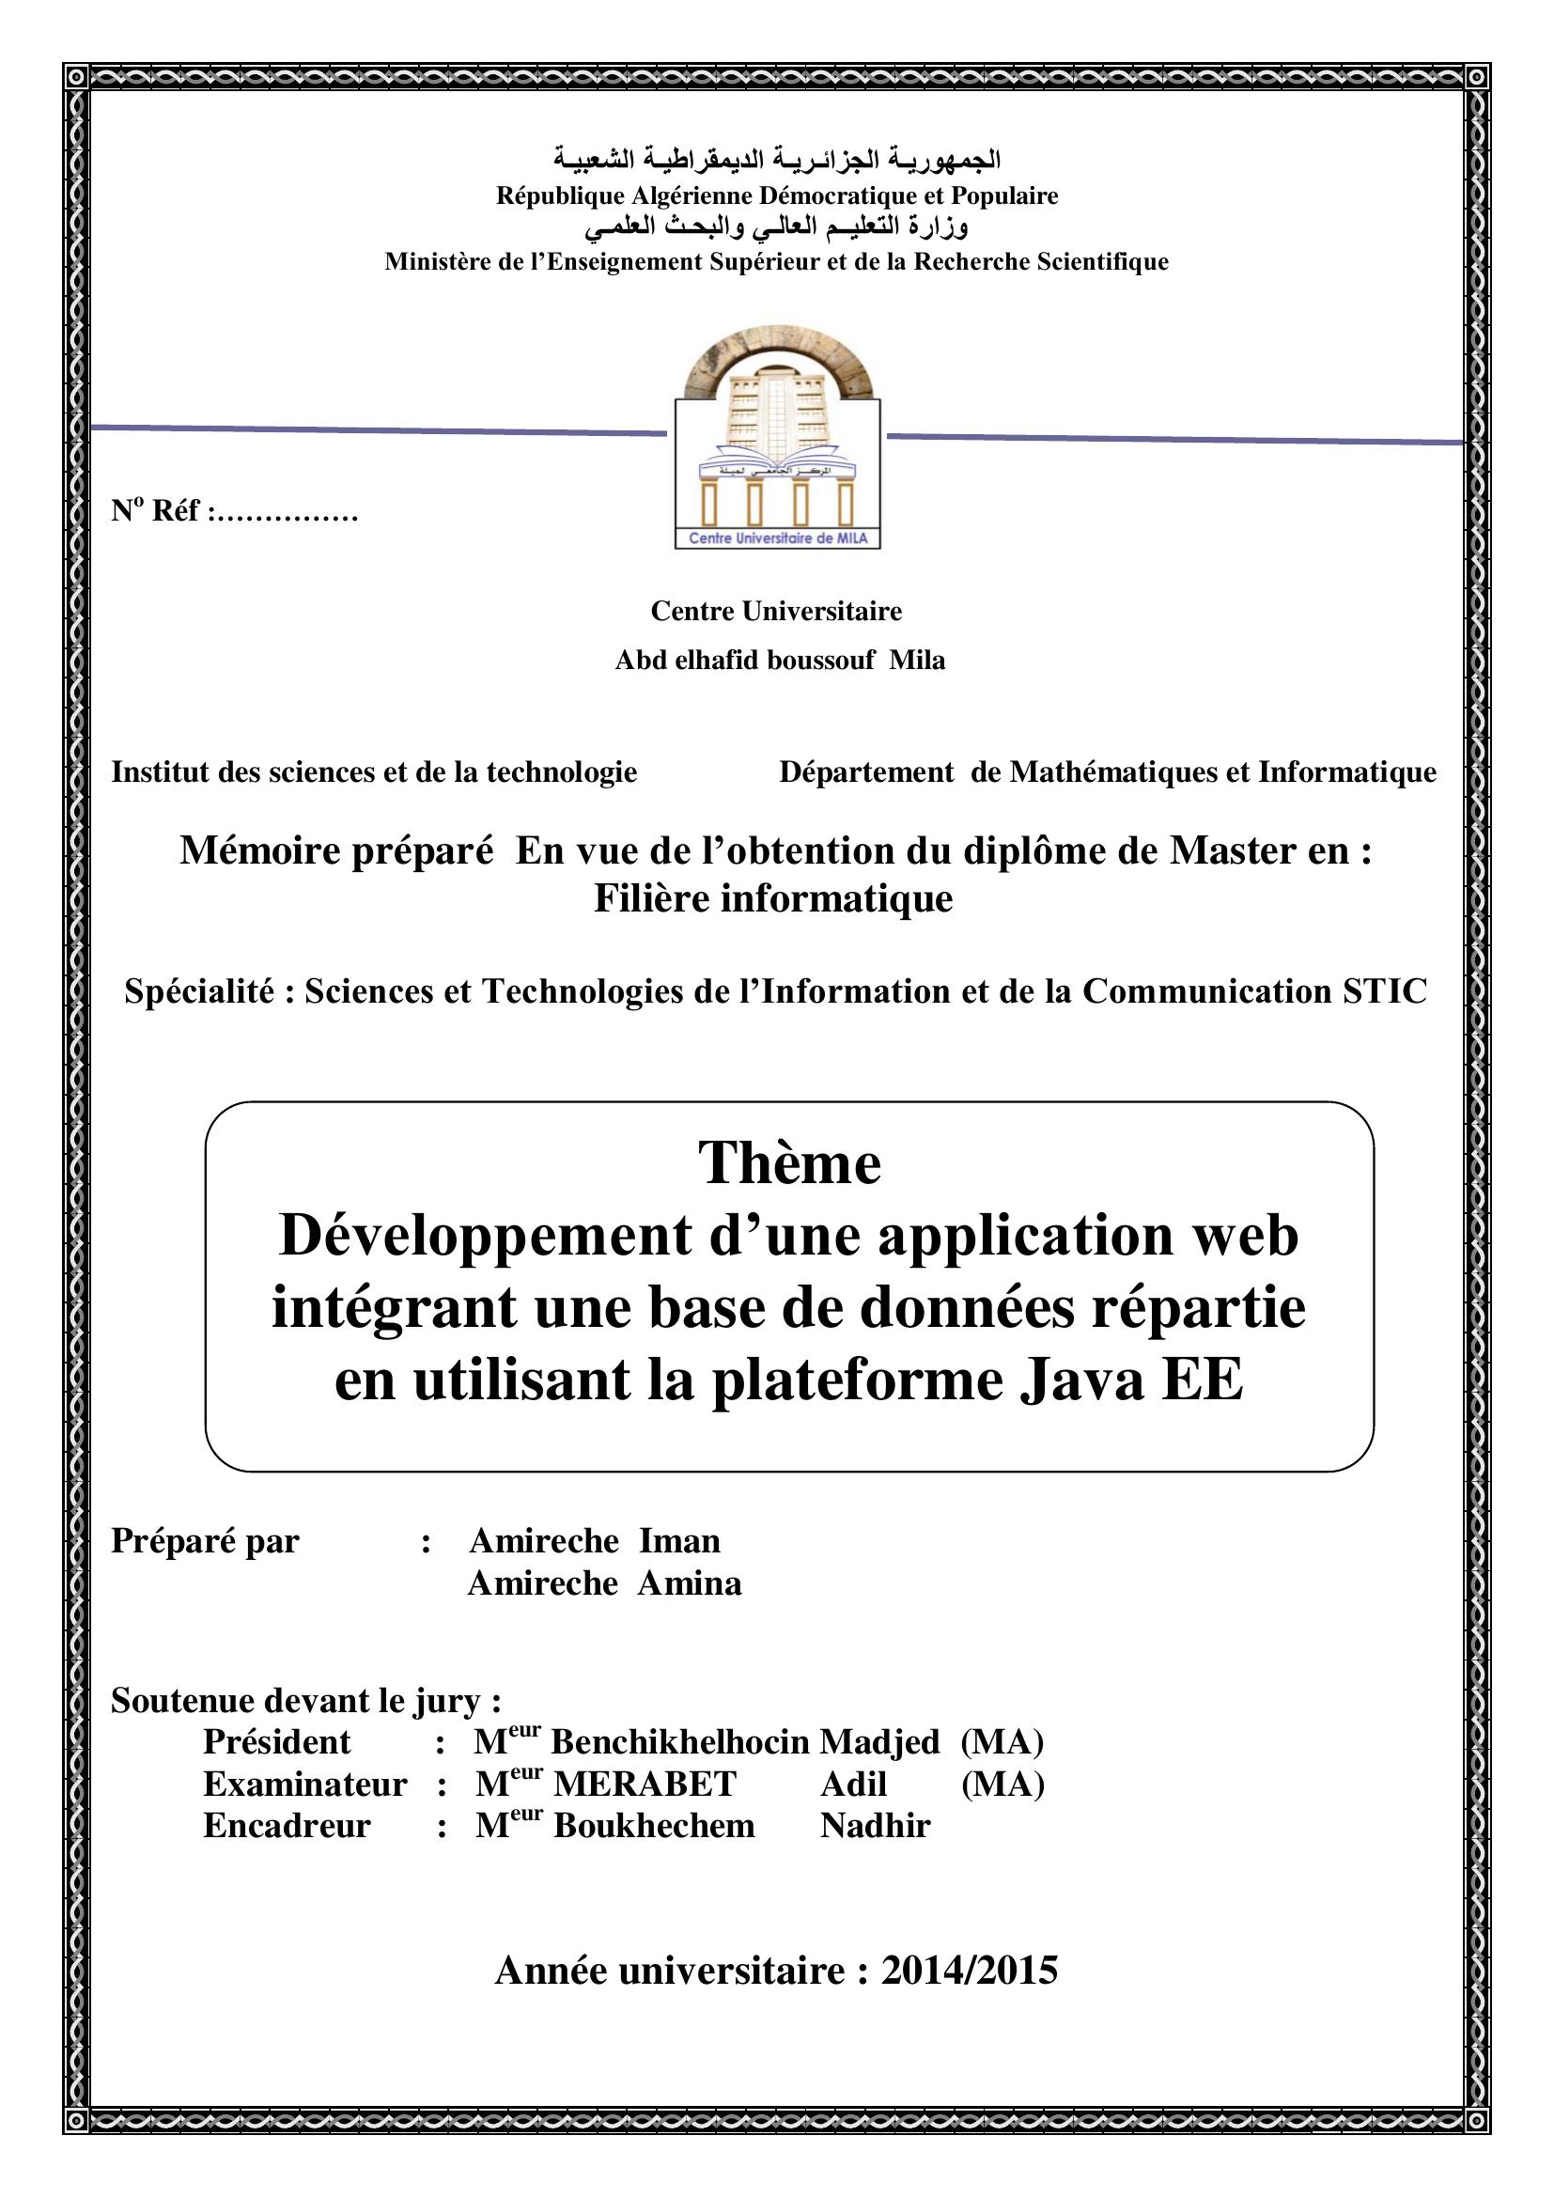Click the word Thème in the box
tap(789, 1163)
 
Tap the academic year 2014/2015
tap(969, 1972)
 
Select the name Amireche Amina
tap(604, 1583)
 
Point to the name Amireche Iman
tap(594, 1541)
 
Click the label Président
tap(276, 1742)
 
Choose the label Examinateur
tap(304, 1785)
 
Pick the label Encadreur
tap(287, 1826)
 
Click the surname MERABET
tap(645, 1785)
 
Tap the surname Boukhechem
tap(654, 1826)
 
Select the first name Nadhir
tap(875, 1826)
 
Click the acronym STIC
tap(1384, 991)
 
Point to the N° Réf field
tap(235, 511)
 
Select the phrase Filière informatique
tap(773, 898)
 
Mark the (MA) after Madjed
tap(1001, 1742)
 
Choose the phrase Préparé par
tap(205, 1541)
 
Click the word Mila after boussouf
tap(917, 661)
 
